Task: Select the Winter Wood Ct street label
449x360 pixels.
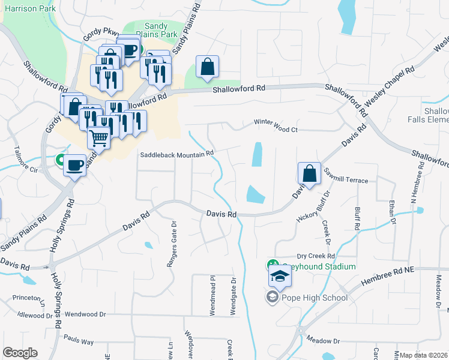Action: [276, 130]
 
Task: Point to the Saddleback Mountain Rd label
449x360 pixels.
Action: [177, 154]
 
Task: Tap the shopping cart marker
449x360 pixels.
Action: [99, 138]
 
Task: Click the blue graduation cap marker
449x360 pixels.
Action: [280, 277]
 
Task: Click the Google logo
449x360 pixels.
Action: [20, 353]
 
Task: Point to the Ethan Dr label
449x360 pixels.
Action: [393, 212]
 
